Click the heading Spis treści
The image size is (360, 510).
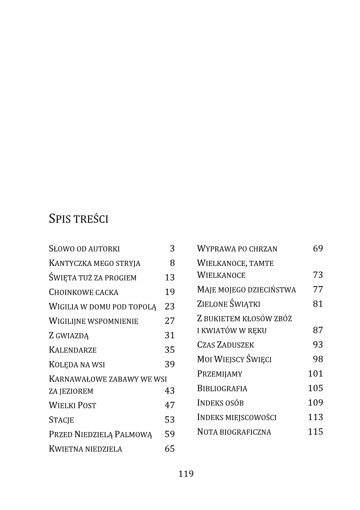(x=78, y=219)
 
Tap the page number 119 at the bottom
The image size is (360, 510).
(x=186, y=474)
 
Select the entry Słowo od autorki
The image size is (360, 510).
(x=84, y=249)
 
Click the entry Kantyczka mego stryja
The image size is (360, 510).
(x=95, y=263)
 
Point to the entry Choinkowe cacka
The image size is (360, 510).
(x=84, y=292)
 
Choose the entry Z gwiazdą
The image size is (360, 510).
(x=69, y=336)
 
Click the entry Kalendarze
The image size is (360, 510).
(x=73, y=350)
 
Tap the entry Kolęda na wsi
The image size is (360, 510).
(x=77, y=365)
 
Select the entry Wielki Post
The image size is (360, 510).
(x=72, y=406)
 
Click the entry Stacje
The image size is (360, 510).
(x=62, y=420)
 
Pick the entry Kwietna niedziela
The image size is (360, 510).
(x=86, y=449)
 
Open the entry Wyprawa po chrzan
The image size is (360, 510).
(x=237, y=249)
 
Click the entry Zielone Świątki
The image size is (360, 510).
(x=228, y=304)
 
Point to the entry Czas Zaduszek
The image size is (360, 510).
(x=225, y=345)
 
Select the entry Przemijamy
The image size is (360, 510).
(x=219, y=374)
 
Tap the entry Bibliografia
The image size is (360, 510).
(x=222, y=389)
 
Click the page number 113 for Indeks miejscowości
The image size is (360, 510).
(x=315, y=417)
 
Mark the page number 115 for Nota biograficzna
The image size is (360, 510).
(x=315, y=432)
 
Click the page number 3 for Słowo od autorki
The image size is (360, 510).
(x=172, y=248)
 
